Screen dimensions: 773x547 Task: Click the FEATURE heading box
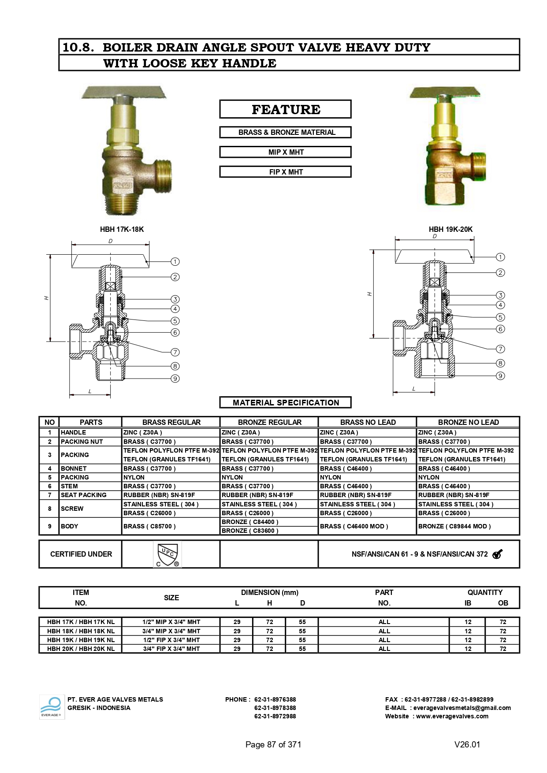[x=286, y=109]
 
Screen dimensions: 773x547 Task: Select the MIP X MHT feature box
[x=286, y=152]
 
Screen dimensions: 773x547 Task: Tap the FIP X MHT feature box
[x=286, y=172]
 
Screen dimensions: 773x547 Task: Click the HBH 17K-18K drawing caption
[x=122, y=229]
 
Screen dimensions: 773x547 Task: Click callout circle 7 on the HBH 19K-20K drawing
[x=500, y=349]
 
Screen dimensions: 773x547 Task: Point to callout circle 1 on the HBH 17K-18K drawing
[x=175, y=262]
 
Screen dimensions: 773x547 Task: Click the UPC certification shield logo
[x=167, y=554]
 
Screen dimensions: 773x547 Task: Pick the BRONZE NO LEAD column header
[x=468, y=422]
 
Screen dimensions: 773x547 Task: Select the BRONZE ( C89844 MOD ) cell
[x=454, y=526]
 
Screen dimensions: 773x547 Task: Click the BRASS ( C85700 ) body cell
[x=149, y=526]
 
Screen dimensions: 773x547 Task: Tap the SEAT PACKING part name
[x=84, y=495]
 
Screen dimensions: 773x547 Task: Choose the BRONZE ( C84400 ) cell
[x=250, y=522]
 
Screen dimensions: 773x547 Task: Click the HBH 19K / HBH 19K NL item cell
[x=81, y=640]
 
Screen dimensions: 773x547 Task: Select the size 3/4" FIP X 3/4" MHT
[x=171, y=649]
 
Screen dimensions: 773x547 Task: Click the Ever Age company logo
[x=52, y=707]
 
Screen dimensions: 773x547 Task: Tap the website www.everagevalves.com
[x=452, y=716]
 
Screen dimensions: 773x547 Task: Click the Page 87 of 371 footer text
[x=273, y=744]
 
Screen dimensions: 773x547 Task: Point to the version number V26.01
[x=467, y=744]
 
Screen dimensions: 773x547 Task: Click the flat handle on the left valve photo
[x=124, y=93]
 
